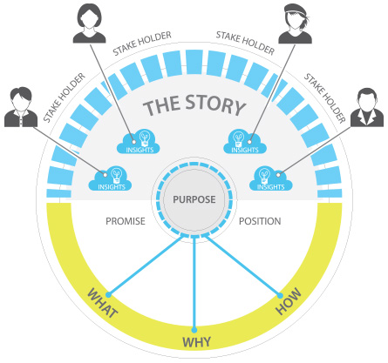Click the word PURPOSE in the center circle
pyautogui.click(x=194, y=199)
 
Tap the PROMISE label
pyautogui.click(x=126, y=221)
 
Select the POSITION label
pyautogui.click(x=260, y=221)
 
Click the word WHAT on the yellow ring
pyautogui.click(x=103, y=303)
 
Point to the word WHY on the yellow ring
pyautogui.click(x=196, y=342)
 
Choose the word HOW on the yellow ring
pyautogui.click(x=289, y=301)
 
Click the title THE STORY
pyautogui.click(x=194, y=104)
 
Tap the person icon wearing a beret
pyautogui.click(x=295, y=24)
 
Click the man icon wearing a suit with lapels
pyautogui.click(x=367, y=107)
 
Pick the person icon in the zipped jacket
pyautogui.click(x=21, y=107)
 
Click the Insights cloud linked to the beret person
pyautogui.click(x=245, y=141)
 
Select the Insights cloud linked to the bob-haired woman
pyautogui.click(x=139, y=141)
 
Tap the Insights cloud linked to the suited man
pyautogui.click(x=271, y=178)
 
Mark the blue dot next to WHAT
pyautogui.click(x=108, y=295)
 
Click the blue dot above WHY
pyautogui.click(x=194, y=330)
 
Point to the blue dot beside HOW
pyautogui.click(x=280, y=296)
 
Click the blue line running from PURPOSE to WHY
pyautogui.click(x=194, y=283)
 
